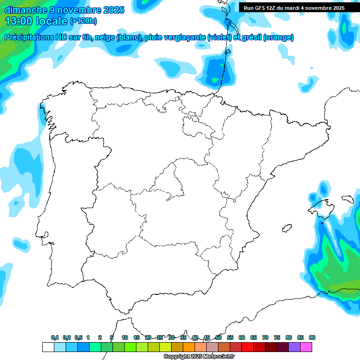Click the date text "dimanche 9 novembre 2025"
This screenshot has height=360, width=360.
(x=64, y=10)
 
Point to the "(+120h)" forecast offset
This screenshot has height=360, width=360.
(x=83, y=21)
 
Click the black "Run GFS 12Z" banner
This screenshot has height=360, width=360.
(x=294, y=8)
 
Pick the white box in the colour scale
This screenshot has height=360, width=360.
(x=48, y=347)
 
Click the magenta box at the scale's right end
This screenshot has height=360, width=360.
(x=306, y=347)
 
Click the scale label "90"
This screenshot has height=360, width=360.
(x=312, y=337)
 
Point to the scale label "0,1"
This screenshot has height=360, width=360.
(x=55, y=337)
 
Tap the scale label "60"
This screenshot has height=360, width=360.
(x=242, y=337)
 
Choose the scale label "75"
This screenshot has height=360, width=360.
(x=277, y=337)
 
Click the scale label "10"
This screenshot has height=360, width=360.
(x=125, y=337)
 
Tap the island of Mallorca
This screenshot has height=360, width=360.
(x=320, y=206)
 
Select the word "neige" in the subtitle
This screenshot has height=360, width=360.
(x=106, y=37)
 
